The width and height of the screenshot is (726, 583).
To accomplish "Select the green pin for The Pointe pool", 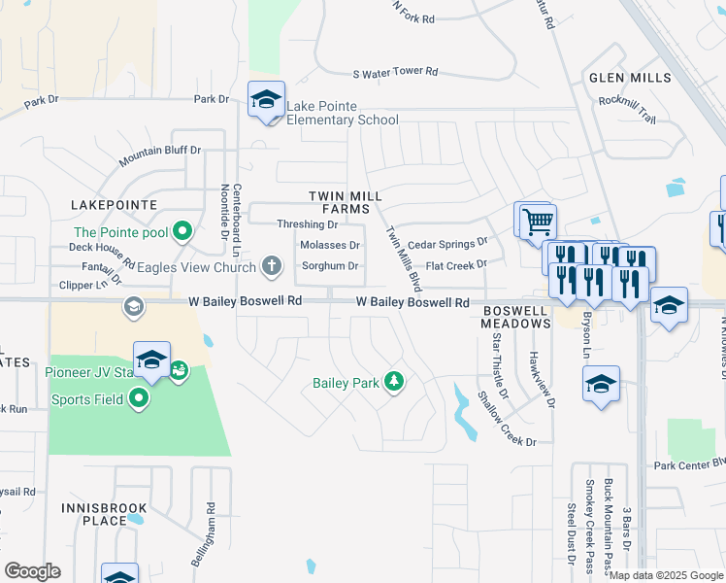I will click(181, 232).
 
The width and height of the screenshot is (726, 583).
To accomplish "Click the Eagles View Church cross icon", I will click(272, 266).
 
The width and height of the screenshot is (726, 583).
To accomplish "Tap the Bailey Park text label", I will click(346, 383).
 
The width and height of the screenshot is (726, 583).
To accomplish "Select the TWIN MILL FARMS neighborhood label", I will click(340, 202).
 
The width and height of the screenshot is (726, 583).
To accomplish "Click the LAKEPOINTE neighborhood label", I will click(115, 205).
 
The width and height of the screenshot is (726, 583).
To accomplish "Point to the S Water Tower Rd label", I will click(396, 72).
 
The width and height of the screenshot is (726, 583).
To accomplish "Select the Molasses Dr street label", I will click(330, 245).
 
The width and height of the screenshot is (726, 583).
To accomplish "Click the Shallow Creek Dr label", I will click(506, 419).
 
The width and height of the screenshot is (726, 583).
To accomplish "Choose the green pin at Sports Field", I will click(138, 397).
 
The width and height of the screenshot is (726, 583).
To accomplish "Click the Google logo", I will click(32, 571).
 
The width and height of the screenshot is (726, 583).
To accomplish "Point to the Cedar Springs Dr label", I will click(447, 243).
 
